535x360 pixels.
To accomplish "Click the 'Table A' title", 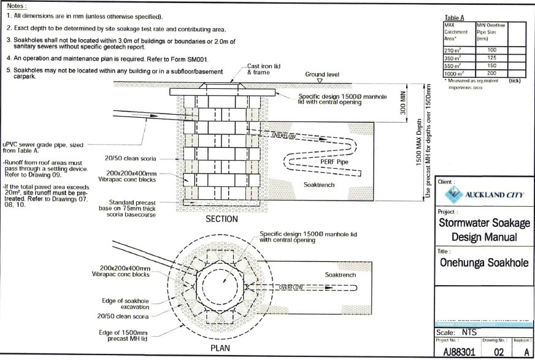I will point(455,18).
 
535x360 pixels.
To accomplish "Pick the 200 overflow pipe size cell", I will point(491,72).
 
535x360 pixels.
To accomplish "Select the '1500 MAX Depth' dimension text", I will point(419,144).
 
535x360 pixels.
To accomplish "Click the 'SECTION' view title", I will point(222,219).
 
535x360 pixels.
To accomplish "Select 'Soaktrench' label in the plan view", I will point(340,275).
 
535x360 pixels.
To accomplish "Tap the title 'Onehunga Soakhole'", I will point(485,262).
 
